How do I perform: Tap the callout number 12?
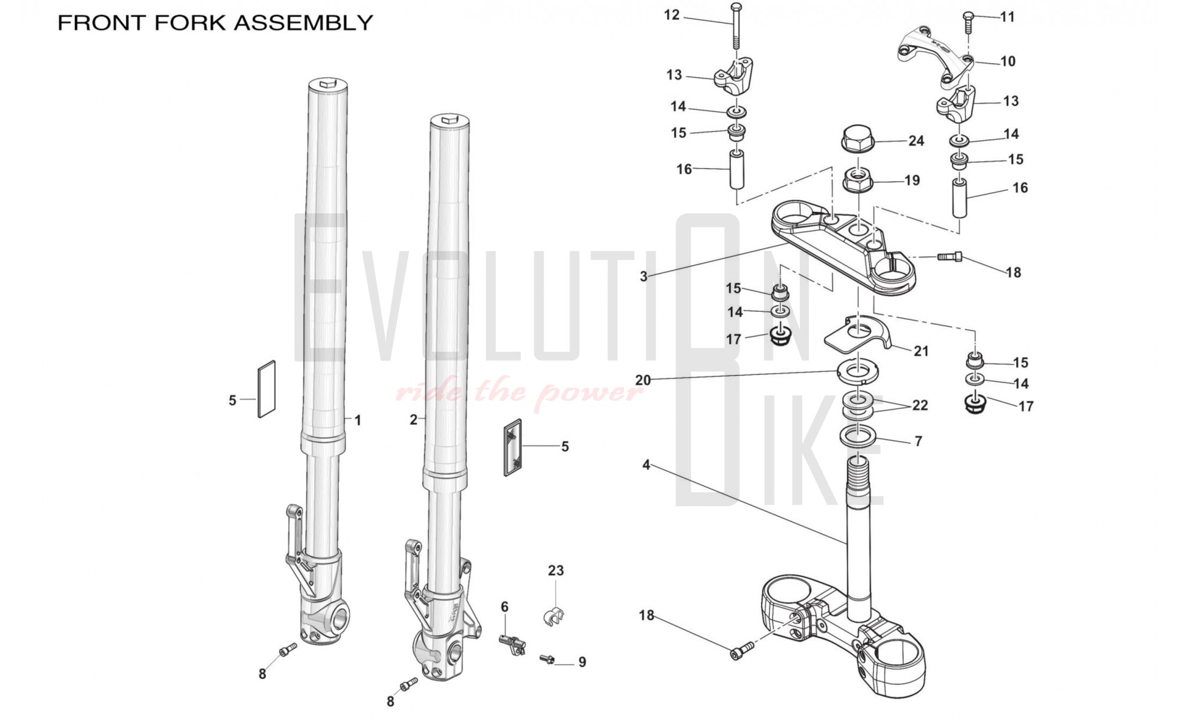click(671, 15)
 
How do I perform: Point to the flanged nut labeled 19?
click(858, 179)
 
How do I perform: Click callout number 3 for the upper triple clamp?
click(643, 276)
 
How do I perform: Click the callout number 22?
click(919, 405)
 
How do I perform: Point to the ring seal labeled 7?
click(858, 437)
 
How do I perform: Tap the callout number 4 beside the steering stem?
click(646, 465)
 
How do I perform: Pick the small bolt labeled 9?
click(547, 659)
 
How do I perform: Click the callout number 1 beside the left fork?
click(358, 420)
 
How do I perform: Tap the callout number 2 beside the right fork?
click(413, 420)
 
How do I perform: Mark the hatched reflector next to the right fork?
click(513, 447)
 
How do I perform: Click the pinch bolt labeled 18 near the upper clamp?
click(949, 256)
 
